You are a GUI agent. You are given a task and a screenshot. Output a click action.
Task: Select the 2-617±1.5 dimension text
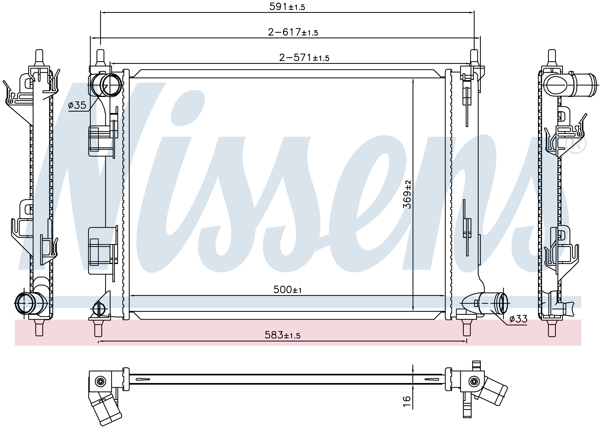[293, 33]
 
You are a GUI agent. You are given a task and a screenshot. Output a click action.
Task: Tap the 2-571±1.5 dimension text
[304, 58]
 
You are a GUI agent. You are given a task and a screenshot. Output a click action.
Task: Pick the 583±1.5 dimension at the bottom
[283, 335]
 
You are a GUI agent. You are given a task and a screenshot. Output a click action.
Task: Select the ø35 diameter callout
[77, 105]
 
